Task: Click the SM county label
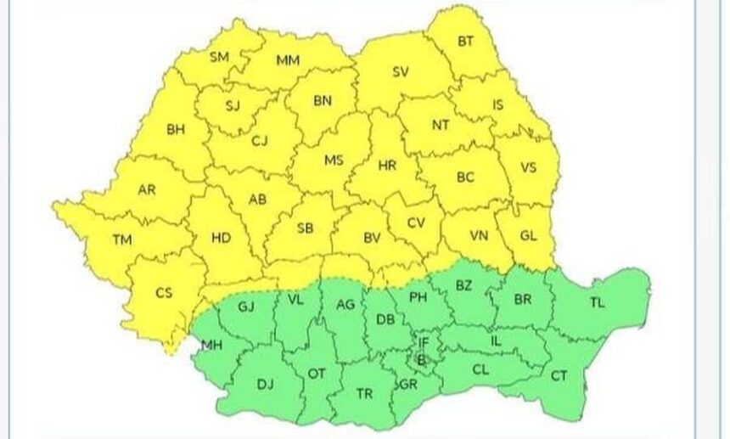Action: click(x=219, y=58)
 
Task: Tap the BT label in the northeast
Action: click(x=466, y=41)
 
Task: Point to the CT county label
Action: click(x=559, y=375)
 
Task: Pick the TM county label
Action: click(x=122, y=240)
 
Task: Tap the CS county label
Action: click(x=164, y=293)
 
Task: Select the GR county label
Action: click(x=408, y=385)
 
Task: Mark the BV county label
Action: click(x=372, y=239)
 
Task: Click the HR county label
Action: click(x=387, y=166)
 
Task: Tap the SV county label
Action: click(x=401, y=72)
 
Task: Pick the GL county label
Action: click(x=527, y=235)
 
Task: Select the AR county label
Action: click(x=147, y=189)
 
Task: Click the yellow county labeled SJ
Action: click(x=233, y=106)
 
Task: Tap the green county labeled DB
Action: click(x=385, y=320)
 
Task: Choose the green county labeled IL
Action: click(x=497, y=341)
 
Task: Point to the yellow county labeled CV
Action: click(x=415, y=222)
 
